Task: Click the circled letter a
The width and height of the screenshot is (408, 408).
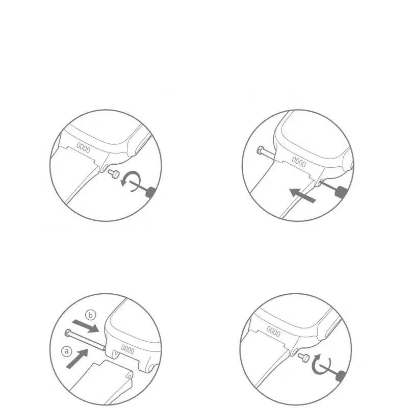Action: pyautogui.click(x=67, y=352)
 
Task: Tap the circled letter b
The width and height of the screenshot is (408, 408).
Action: pyautogui.click(x=91, y=316)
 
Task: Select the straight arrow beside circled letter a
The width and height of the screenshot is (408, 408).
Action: pyautogui.click(x=77, y=359)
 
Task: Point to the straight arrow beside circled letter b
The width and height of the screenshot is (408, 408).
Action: pyautogui.click(x=86, y=326)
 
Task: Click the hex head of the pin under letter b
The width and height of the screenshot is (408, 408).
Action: pyautogui.click(x=68, y=333)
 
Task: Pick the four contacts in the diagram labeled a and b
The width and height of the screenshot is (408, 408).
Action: pyautogui.click(x=127, y=349)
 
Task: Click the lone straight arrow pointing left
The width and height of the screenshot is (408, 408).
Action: pyautogui.click(x=302, y=196)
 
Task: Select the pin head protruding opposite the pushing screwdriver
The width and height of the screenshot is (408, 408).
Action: pyautogui.click(x=261, y=150)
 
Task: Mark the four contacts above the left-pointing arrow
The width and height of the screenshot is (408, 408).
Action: pyautogui.click(x=299, y=162)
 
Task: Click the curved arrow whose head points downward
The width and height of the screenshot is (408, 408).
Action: pyautogui.click(x=132, y=182)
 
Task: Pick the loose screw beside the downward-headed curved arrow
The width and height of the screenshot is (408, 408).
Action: pyautogui.click(x=114, y=173)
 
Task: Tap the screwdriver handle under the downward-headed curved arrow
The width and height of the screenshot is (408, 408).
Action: pyautogui.click(x=151, y=192)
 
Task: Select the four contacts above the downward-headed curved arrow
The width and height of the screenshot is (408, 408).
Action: pyautogui.click(x=83, y=147)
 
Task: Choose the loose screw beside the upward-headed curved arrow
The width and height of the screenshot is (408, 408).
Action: pyautogui.click(x=304, y=358)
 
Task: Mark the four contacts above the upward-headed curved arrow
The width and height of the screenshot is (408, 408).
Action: pyautogui.click(x=273, y=331)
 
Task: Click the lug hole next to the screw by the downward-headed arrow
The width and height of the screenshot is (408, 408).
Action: pyautogui.click(x=105, y=168)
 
